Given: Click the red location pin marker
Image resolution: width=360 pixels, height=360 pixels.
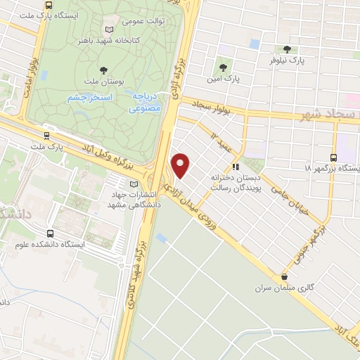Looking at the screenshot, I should [x=181, y=165].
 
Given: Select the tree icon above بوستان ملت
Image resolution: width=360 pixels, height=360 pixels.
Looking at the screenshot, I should [x=104, y=69].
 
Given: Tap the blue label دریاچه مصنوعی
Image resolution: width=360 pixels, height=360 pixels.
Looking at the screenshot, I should [x=146, y=103].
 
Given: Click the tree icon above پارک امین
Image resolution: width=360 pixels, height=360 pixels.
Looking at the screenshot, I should [x=223, y=67].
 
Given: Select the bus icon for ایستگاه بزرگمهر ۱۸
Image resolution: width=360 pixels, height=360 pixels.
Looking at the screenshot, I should [x=333, y=157].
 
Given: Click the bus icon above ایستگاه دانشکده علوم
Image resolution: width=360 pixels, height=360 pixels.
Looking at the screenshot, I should [x=50, y=233].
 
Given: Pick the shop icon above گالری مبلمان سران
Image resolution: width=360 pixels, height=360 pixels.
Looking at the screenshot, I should [x=284, y=277].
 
